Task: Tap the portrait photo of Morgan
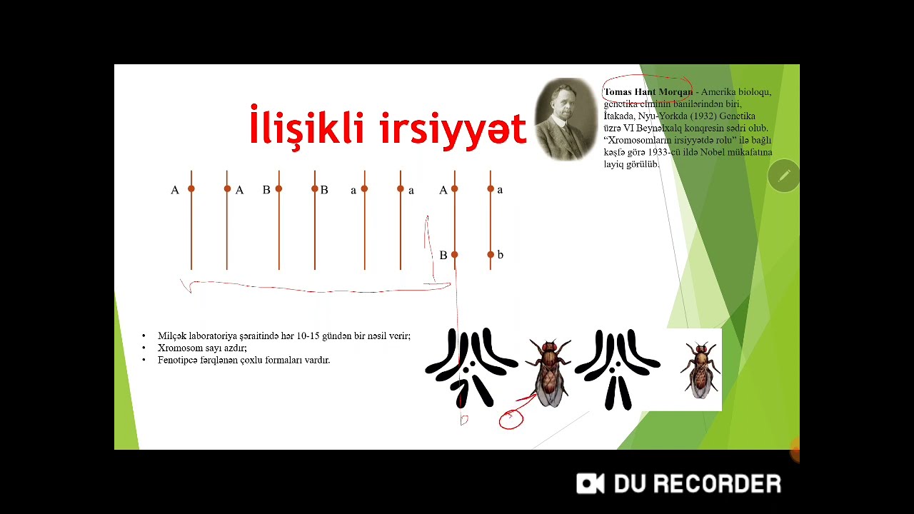[566, 119]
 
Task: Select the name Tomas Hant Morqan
[648, 92]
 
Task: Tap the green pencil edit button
[783, 176]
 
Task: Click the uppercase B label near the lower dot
[443, 256]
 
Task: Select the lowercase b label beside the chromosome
[500, 255]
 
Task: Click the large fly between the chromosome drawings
[548, 373]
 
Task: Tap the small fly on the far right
[700, 369]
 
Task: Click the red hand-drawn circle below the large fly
[511, 420]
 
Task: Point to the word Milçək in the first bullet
[172, 336]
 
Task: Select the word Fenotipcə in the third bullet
[178, 360]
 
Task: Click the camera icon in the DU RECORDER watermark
[591, 483]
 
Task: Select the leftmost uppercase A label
[175, 190]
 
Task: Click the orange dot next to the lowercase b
[491, 255]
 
